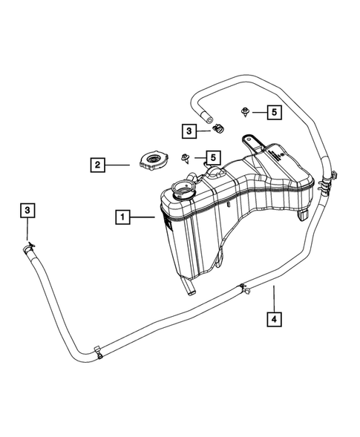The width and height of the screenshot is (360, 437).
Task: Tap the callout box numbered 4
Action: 274,321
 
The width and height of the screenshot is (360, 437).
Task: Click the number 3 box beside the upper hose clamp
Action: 189,131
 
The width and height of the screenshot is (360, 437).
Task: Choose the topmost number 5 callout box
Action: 274,112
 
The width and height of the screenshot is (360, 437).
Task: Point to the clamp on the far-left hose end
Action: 28,247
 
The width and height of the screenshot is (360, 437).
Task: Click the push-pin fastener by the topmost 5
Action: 246,112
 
